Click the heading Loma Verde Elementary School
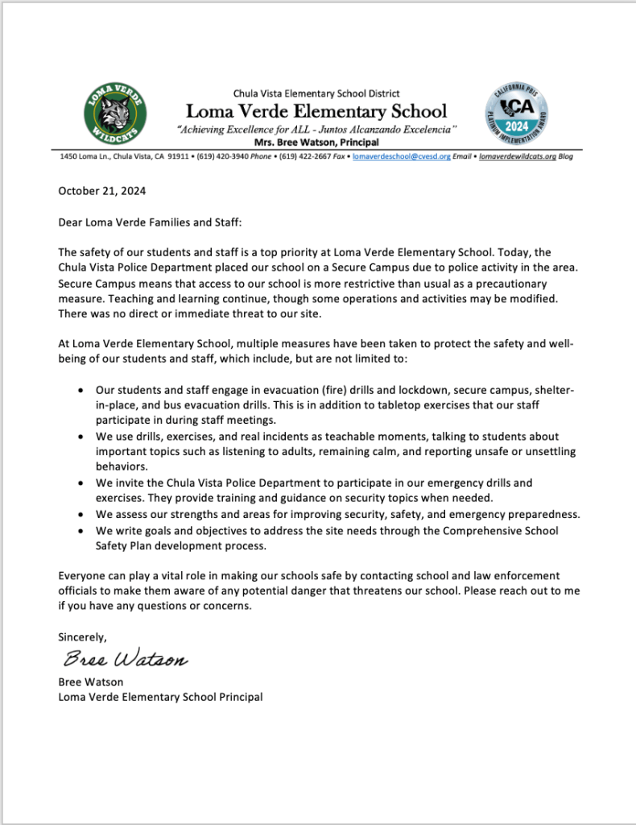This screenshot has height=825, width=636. [x=316, y=111]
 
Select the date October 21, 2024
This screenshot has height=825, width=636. [x=102, y=192]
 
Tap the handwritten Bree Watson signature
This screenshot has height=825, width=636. [x=126, y=661]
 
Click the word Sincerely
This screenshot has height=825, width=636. [x=82, y=636]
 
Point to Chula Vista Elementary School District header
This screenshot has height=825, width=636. [x=316, y=93]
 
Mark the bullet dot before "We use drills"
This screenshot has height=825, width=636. [x=79, y=437]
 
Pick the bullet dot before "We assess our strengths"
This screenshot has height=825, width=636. [x=79, y=515]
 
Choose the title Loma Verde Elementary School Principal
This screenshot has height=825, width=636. [x=160, y=697]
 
